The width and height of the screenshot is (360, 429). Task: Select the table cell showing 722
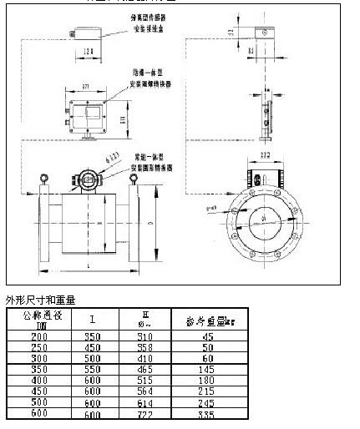147,415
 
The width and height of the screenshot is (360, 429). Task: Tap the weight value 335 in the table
208,415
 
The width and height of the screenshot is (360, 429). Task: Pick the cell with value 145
208,368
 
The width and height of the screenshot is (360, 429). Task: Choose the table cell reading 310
147,336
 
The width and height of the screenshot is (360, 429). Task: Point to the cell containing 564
147,391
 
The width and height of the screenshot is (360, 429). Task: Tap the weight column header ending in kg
207,320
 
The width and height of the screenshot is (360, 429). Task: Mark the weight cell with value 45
208,336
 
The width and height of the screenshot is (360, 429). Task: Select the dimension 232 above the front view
264,154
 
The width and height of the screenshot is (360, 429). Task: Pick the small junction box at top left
84,32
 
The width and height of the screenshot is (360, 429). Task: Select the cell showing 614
147,403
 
